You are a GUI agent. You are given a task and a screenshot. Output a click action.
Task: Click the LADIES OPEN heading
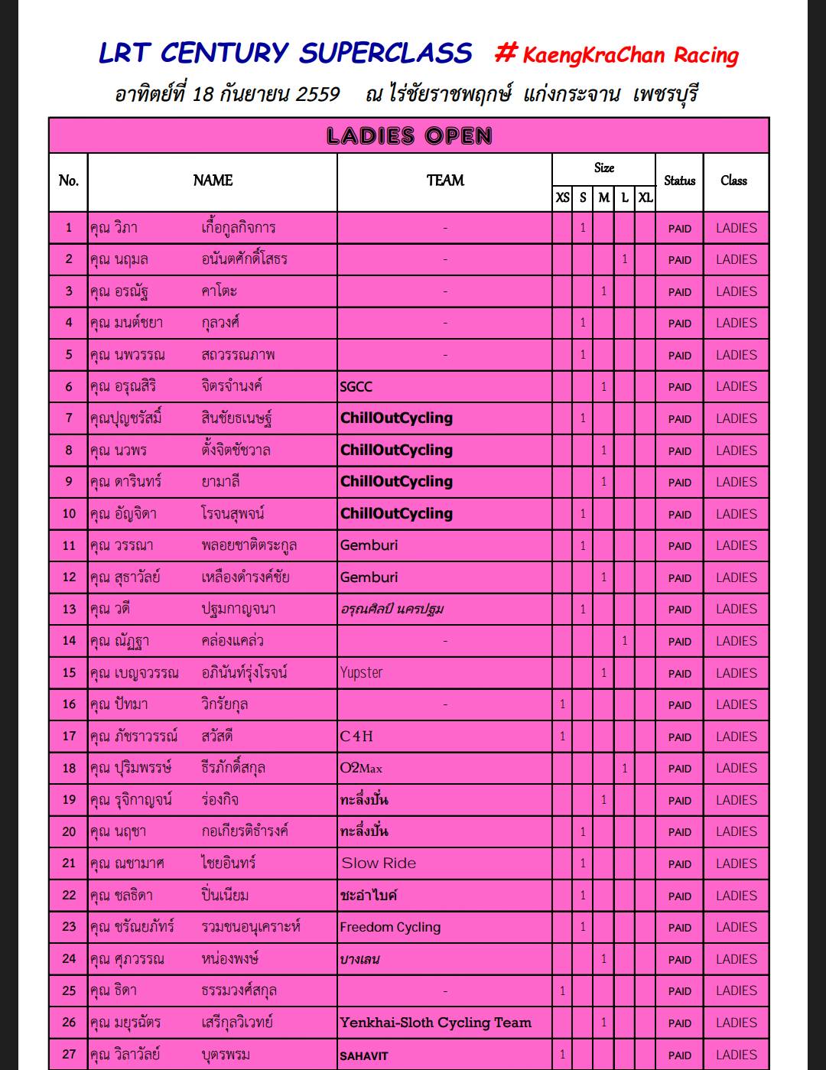click(x=409, y=136)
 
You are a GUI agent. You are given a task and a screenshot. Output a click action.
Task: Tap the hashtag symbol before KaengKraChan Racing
click(x=506, y=53)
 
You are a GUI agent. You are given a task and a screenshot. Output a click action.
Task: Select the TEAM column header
click(x=445, y=181)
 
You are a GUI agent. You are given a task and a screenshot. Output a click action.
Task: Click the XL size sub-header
click(x=646, y=197)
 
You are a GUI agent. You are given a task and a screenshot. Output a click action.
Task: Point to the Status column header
click(x=679, y=181)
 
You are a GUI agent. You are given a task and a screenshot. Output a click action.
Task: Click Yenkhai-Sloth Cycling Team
click(x=435, y=1023)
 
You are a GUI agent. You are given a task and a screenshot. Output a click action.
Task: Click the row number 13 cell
click(x=69, y=610)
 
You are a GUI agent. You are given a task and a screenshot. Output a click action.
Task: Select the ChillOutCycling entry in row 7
click(x=396, y=418)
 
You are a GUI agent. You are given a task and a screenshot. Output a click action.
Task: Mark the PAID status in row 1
click(x=679, y=229)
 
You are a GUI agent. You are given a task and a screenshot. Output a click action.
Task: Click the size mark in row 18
click(x=624, y=769)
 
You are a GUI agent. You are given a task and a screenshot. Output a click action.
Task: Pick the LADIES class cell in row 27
click(x=736, y=1055)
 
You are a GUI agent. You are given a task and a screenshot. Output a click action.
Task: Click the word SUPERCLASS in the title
click(x=385, y=53)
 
